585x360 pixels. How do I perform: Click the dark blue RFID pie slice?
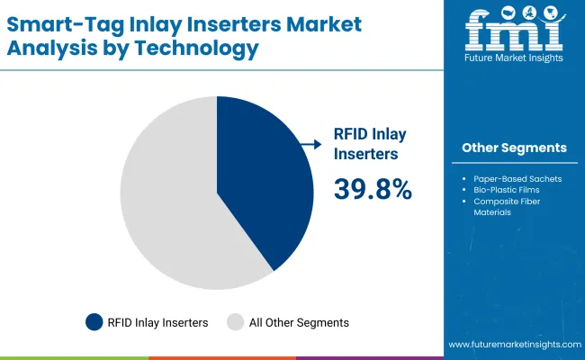(x=261, y=180)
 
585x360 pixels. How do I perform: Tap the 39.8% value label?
(x=373, y=189)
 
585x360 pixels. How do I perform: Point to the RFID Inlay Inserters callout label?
(x=370, y=143)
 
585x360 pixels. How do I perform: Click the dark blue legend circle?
(x=94, y=321)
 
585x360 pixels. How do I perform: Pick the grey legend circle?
(x=236, y=321)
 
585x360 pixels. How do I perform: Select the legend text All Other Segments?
(x=300, y=321)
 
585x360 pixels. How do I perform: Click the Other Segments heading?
(x=514, y=148)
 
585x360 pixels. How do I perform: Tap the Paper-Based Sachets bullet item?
(x=517, y=178)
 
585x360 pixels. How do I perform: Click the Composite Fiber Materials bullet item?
(x=513, y=207)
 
